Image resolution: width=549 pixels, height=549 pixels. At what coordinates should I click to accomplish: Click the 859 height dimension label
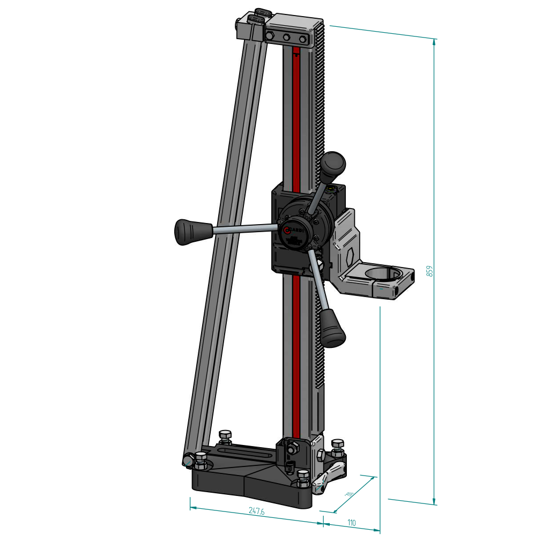(429, 271)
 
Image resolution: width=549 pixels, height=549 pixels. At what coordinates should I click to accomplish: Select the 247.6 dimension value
(256, 511)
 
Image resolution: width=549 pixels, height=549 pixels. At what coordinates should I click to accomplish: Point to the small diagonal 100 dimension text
(350, 493)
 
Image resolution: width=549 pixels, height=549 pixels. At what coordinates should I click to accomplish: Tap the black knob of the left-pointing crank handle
(187, 231)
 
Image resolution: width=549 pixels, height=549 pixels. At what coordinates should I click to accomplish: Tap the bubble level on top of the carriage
(332, 188)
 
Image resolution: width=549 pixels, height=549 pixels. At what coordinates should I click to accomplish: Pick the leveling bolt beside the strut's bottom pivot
(201, 459)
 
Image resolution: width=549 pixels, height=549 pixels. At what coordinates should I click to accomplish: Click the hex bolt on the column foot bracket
(293, 448)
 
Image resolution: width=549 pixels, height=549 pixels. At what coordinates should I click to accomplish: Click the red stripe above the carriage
(296, 118)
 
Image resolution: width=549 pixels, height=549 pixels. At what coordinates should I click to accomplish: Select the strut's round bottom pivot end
(189, 460)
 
